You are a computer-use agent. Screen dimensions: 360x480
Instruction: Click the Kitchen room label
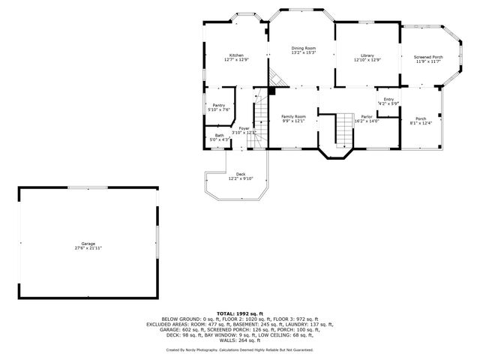236,55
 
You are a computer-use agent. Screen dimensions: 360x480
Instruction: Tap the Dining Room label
303,49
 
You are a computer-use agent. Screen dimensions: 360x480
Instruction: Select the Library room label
367,55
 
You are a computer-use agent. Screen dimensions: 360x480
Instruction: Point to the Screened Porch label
429,57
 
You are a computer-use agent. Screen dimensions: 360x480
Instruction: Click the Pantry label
218,105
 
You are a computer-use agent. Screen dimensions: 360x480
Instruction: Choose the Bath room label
219,135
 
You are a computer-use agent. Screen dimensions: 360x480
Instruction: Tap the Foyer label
244,128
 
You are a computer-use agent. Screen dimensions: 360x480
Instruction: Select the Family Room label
293,116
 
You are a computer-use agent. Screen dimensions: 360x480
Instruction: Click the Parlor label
367,116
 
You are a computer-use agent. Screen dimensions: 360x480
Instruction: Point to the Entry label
388,99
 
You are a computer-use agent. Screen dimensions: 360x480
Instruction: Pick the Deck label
241,174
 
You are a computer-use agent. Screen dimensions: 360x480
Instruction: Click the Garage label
88,243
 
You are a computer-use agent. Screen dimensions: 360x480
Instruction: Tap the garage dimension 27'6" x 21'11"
88,247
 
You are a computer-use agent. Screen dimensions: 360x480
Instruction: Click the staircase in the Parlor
343,129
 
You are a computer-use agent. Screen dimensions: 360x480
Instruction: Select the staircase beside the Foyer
260,116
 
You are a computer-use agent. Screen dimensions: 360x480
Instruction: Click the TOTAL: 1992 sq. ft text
240,313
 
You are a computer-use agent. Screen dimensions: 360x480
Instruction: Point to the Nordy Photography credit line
240,349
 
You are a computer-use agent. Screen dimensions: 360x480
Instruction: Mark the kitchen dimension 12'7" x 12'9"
236,60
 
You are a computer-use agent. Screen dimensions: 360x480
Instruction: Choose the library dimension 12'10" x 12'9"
367,60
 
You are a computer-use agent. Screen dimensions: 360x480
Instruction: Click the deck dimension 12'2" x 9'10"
241,178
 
